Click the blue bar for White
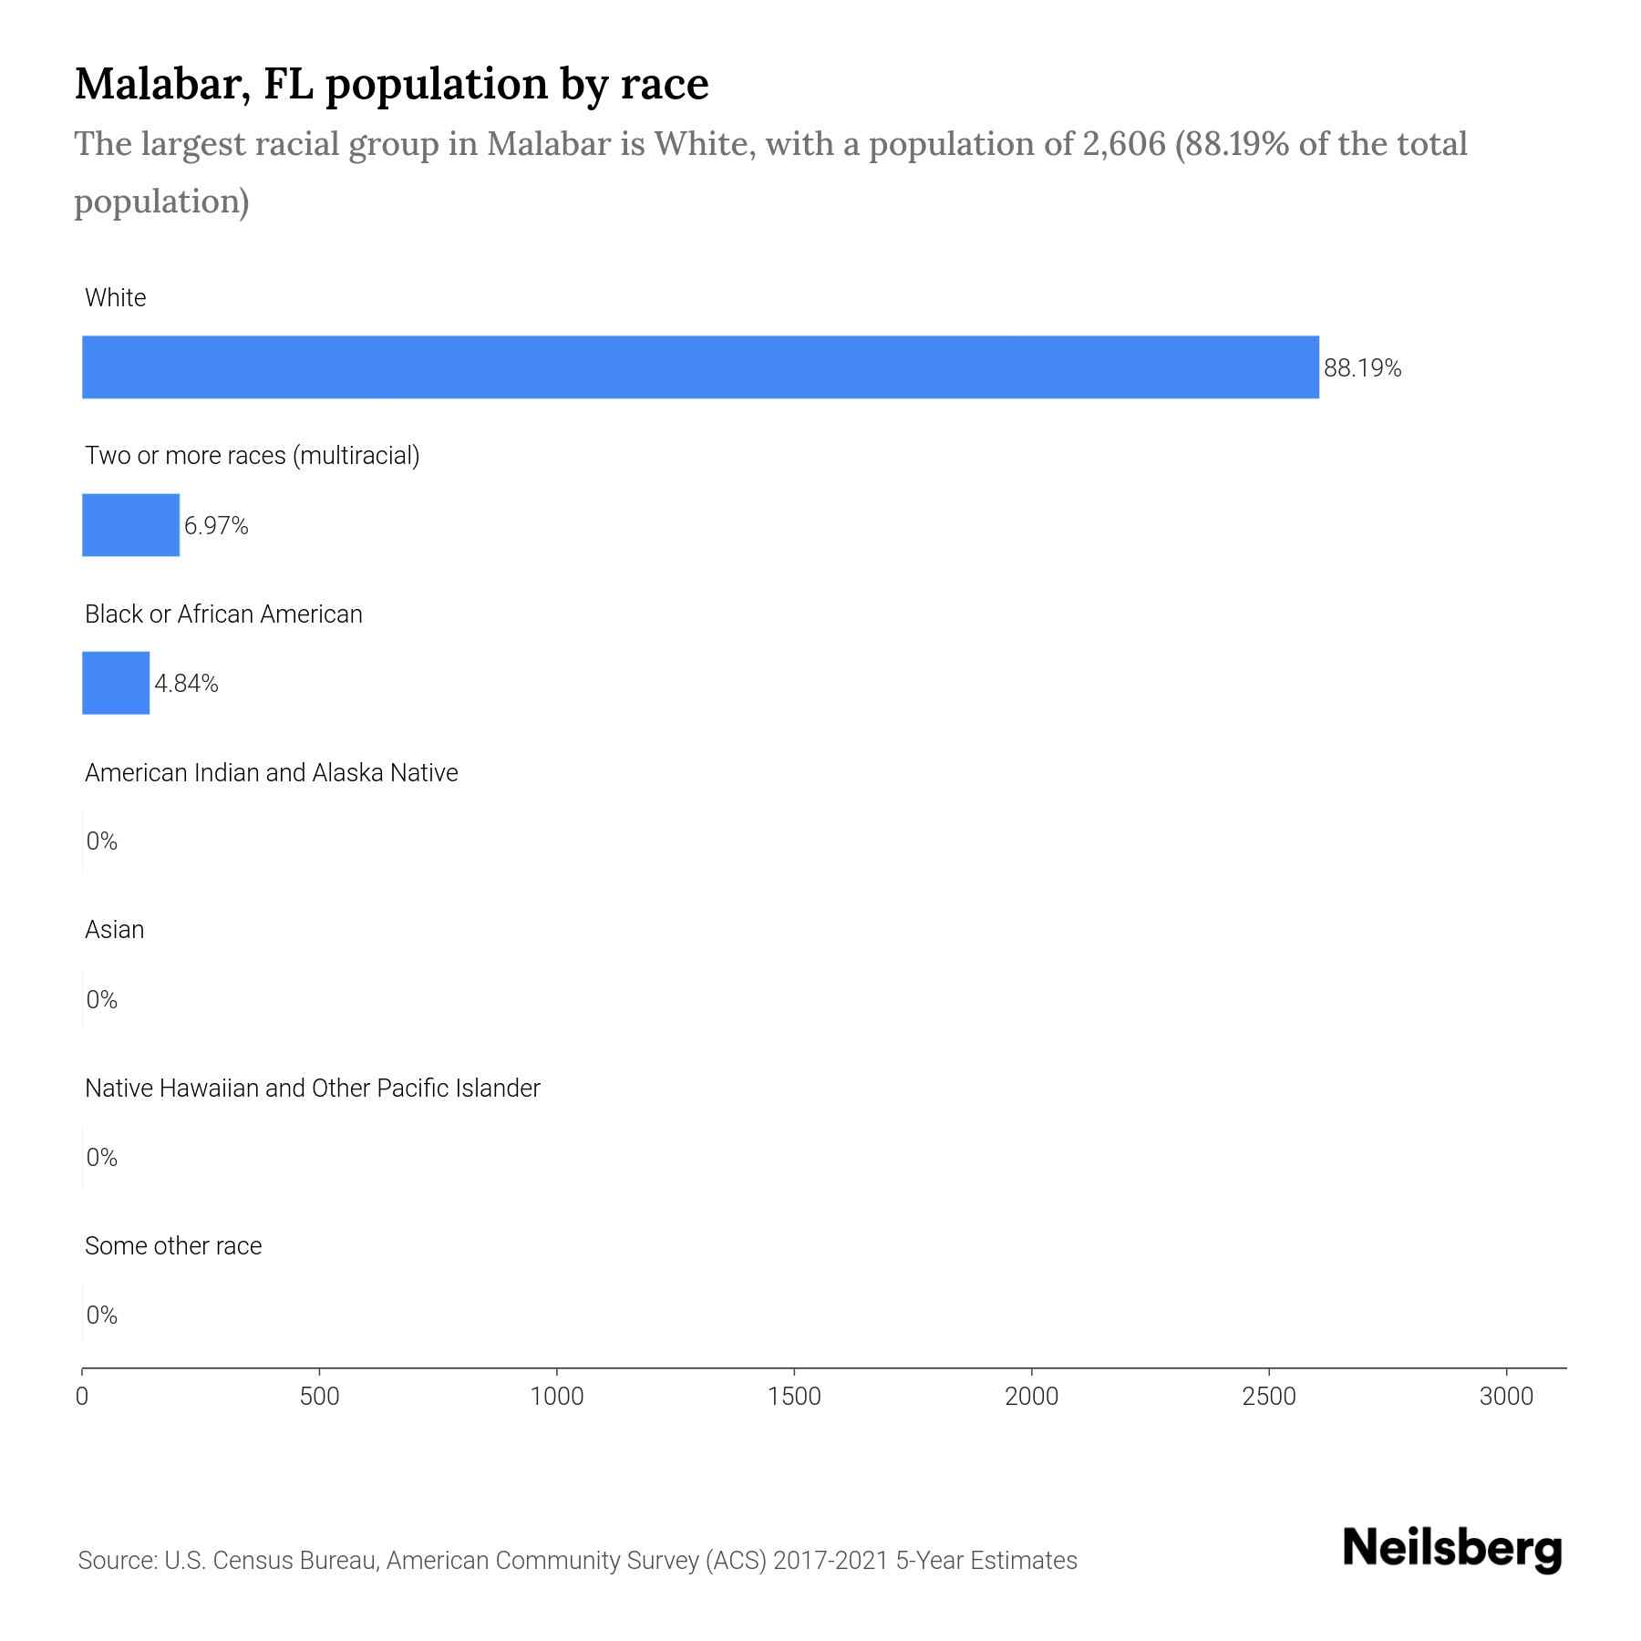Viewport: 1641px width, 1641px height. point(700,366)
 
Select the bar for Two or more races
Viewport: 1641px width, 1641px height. point(130,525)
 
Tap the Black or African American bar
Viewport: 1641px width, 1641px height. point(116,683)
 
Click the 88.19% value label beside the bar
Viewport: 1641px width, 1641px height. point(1362,368)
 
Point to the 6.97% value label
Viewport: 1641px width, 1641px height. point(216,526)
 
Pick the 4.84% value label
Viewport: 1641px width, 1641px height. point(186,684)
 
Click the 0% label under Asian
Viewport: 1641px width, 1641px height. point(101,1000)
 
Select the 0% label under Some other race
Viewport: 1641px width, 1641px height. point(101,1315)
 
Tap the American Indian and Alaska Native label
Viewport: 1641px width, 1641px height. point(271,773)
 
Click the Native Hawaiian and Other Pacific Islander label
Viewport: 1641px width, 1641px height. point(312,1089)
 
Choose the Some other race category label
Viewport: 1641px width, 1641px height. point(173,1246)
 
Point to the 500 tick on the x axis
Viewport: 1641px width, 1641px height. point(319,1396)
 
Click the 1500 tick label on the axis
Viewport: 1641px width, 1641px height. point(794,1396)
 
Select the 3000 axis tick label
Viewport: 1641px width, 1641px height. point(1506,1396)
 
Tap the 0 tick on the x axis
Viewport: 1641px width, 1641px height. point(82,1396)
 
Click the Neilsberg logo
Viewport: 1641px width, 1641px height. point(1451,1549)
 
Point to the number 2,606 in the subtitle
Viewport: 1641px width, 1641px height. point(1123,144)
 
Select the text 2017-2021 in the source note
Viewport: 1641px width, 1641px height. point(830,1561)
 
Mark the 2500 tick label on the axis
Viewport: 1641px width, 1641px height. point(1268,1396)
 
